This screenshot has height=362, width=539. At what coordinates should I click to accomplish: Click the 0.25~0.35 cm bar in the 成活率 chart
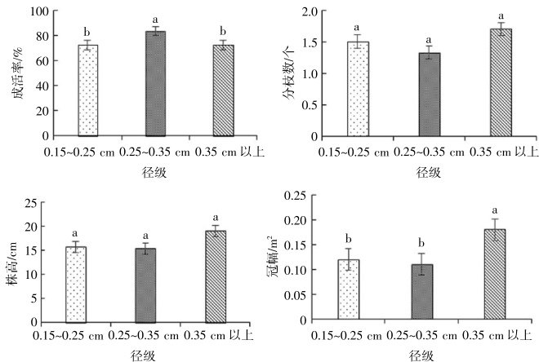pos(156,84)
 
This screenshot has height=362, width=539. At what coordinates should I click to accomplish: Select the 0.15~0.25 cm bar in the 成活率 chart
pos(89,90)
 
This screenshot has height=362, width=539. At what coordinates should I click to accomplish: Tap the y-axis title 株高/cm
pos(11,261)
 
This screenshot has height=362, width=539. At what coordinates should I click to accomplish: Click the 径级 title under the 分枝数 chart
pos(427,171)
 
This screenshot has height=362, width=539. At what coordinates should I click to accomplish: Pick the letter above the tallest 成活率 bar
pos(156,18)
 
